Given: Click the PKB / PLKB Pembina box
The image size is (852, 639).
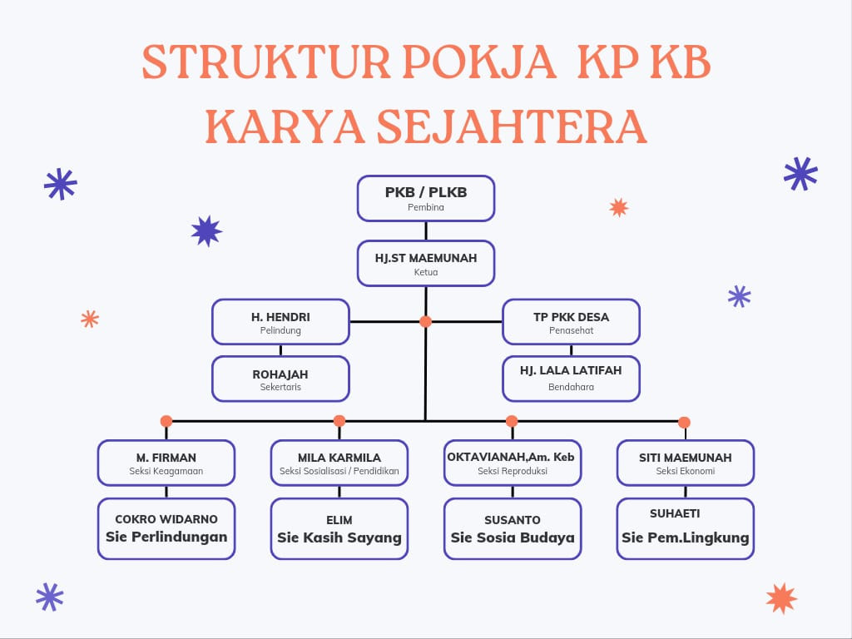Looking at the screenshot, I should point(426,198).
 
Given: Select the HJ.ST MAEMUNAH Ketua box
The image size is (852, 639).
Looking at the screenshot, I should point(426,263).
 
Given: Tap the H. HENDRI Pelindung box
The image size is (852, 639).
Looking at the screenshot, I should point(280,322).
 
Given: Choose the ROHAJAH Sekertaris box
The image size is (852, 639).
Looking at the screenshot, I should point(280,379).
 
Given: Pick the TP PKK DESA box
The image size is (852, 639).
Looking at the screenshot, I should point(571,322).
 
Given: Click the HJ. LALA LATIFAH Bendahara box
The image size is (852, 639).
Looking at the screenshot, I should point(571,379).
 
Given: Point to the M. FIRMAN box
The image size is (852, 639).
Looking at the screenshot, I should point(166,463).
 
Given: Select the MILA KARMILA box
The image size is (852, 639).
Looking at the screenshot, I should point(339,463).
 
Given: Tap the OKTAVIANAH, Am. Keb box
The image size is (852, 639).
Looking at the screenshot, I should point(512,463).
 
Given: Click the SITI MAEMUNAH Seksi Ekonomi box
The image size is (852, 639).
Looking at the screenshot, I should point(685,463).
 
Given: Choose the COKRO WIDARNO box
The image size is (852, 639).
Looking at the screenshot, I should point(166,528).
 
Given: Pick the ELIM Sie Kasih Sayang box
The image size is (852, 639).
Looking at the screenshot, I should point(339,528).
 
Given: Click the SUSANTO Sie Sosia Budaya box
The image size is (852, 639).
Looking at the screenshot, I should point(512,528).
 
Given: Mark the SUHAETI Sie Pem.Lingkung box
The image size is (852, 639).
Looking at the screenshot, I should point(685,528).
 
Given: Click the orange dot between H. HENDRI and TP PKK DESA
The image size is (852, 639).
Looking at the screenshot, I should point(425,321).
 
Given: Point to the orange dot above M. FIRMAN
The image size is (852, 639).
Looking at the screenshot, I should point(166,421).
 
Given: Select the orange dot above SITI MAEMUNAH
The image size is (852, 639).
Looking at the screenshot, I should point(684,422).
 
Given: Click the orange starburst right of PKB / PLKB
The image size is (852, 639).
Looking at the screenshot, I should point(618,207).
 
